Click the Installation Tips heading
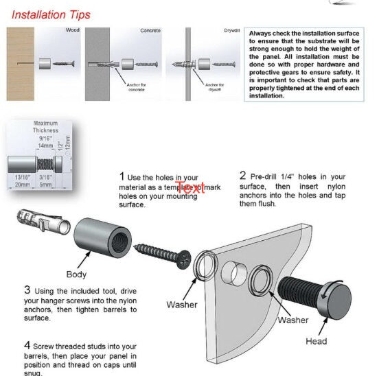coord(51,14)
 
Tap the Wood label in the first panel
coord(72,31)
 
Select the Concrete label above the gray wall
coord(150,31)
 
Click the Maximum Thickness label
coord(46,127)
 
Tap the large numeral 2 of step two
coord(242,176)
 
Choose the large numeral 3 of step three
coord(27,290)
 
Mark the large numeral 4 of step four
coord(27,344)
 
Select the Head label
coord(317,341)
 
